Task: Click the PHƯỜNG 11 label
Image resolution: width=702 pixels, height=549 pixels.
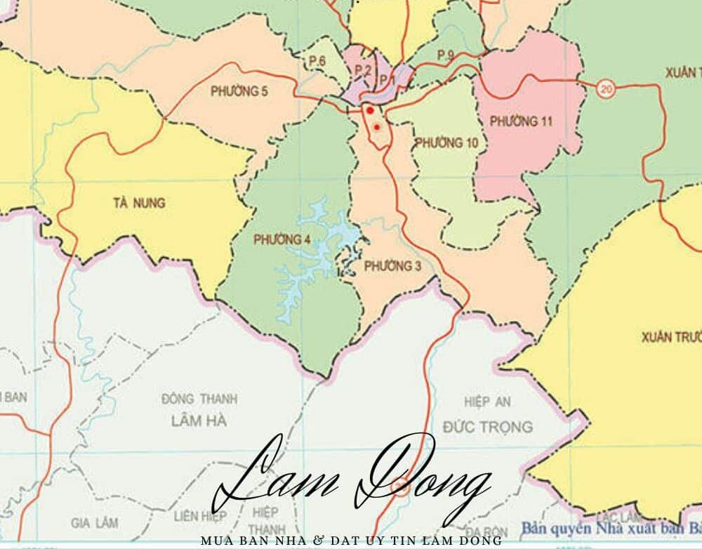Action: click(x=521, y=121)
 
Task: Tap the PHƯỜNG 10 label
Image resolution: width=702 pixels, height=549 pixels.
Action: click(x=446, y=143)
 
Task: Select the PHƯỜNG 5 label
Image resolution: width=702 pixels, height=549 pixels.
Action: click(x=239, y=91)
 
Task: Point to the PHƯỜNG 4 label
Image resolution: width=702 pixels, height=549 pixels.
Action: click(x=282, y=240)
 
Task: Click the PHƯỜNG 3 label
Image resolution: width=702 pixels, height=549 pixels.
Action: click(x=393, y=266)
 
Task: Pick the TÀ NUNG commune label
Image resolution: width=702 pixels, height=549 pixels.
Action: click(x=138, y=204)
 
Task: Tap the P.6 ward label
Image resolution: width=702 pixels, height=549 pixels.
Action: click(x=317, y=62)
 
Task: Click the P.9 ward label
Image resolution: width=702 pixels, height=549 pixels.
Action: click(x=446, y=55)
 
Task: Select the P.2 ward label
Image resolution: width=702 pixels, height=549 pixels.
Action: click(x=362, y=70)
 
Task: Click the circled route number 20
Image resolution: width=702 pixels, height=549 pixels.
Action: click(x=606, y=88)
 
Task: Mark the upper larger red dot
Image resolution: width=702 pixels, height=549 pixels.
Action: click(x=370, y=110)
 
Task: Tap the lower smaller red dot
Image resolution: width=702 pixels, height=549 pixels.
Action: click(x=378, y=127)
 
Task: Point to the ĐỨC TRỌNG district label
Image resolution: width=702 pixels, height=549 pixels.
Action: click(x=488, y=426)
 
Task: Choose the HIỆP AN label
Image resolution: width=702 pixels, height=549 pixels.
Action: click(x=487, y=402)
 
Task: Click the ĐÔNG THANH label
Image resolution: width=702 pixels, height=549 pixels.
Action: click(x=199, y=399)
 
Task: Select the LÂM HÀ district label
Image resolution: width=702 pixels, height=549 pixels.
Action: click(x=199, y=421)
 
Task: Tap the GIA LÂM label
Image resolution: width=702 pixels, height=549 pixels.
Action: click(x=95, y=523)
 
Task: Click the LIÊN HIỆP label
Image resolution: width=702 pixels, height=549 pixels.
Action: click(x=201, y=517)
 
